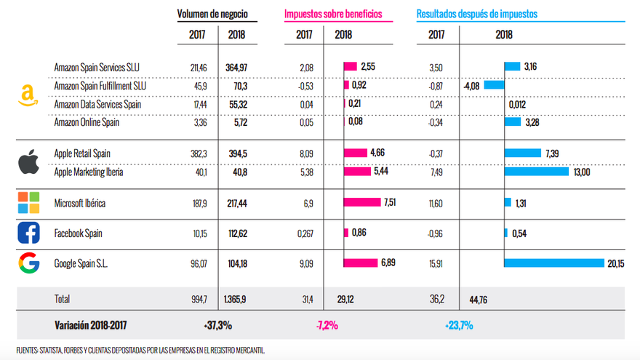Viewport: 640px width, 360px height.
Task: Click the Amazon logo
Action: (x=28, y=96)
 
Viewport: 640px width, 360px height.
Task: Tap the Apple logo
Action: (x=28, y=162)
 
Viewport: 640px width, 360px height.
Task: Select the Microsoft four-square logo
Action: (x=28, y=203)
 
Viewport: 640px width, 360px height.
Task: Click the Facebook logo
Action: (x=28, y=233)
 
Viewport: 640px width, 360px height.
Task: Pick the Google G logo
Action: (x=28, y=263)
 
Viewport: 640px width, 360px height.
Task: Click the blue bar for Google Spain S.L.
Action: (x=554, y=263)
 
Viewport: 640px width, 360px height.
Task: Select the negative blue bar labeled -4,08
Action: (x=495, y=86)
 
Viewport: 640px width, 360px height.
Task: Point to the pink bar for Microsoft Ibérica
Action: (x=361, y=202)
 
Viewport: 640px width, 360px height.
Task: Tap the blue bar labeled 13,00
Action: (x=537, y=172)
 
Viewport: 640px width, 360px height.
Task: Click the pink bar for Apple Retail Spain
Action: (x=355, y=153)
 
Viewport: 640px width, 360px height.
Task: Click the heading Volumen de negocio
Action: (x=212, y=14)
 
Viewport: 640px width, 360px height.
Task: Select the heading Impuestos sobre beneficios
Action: (x=332, y=14)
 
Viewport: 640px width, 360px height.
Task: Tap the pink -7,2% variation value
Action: (x=327, y=325)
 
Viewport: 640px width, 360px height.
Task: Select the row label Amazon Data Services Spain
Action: (x=97, y=104)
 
